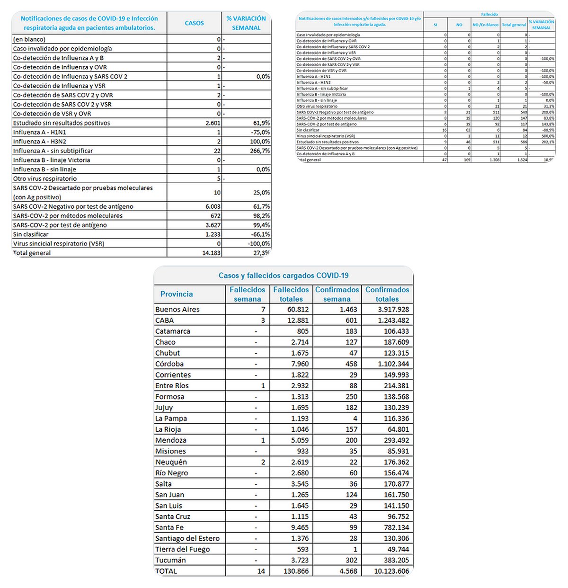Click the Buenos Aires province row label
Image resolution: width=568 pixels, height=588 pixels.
click(177, 310)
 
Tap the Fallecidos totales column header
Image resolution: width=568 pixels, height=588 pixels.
click(291, 294)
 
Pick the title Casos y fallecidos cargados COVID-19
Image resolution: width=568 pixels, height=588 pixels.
click(284, 276)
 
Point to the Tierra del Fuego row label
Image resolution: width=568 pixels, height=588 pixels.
click(182, 549)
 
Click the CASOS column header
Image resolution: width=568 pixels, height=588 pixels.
click(194, 23)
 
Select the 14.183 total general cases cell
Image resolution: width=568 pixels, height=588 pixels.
click(211, 253)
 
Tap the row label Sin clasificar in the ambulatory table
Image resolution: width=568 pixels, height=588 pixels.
click(31, 234)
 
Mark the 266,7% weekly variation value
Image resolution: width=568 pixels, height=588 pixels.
click(260, 151)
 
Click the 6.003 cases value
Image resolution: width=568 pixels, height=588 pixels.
click(213, 206)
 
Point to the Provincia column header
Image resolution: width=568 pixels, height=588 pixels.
click(177, 294)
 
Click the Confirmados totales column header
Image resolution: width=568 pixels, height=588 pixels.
click(387, 294)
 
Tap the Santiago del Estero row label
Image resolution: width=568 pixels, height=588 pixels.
click(187, 538)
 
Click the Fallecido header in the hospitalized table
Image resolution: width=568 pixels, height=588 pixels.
click(489, 15)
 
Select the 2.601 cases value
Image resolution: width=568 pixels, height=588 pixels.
click(213, 123)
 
